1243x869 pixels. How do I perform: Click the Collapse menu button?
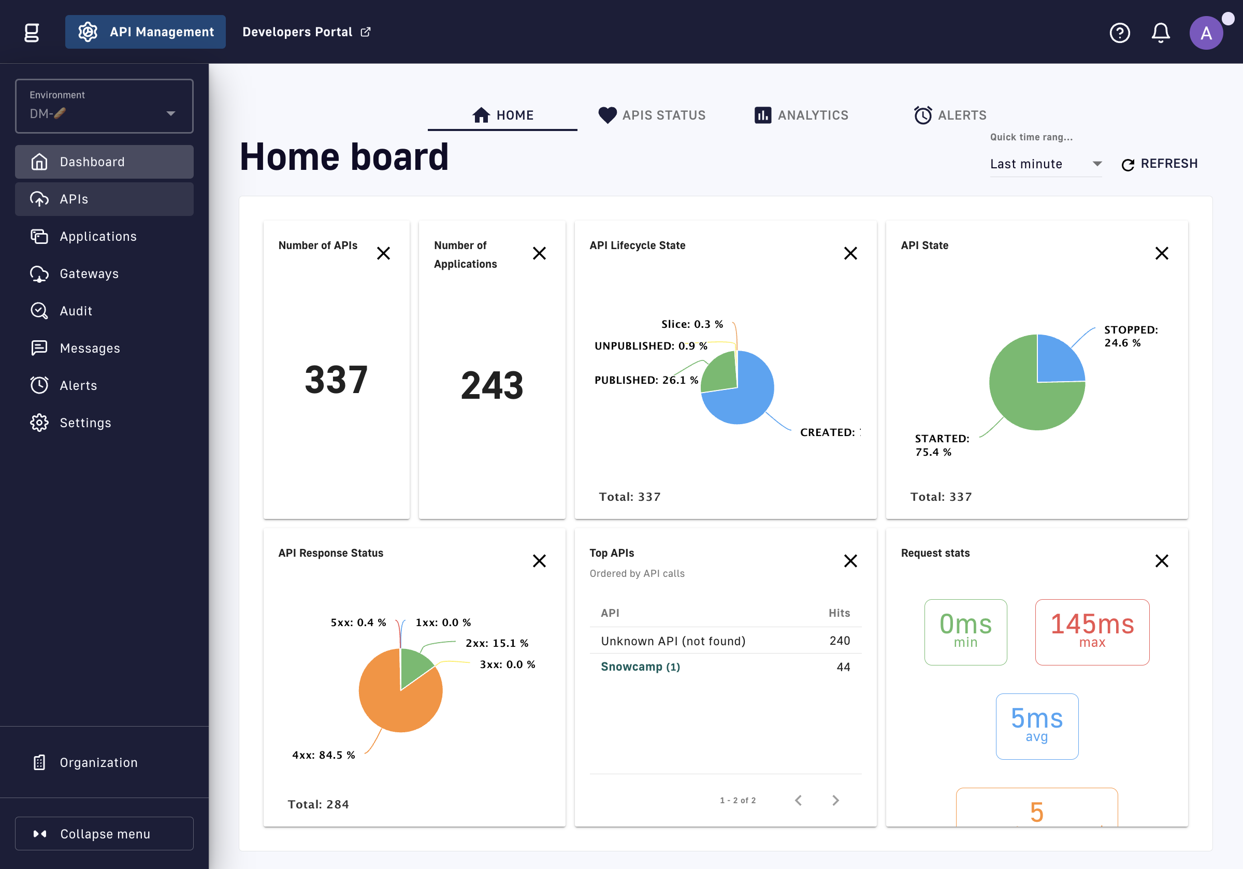click(104, 833)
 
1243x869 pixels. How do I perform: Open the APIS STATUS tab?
click(652, 115)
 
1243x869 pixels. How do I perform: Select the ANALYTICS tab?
click(801, 115)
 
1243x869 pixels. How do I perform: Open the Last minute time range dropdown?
click(1045, 164)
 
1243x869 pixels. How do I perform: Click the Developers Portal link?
click(307, 32)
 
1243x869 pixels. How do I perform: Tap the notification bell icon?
click(1160, 33)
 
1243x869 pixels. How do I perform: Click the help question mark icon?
click(1120, 33)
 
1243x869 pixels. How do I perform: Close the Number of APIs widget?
click(383, 253)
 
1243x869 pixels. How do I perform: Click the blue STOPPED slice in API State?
click(1059, 360)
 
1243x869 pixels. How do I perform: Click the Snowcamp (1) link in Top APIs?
click(641, 667)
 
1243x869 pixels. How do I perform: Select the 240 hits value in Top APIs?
click(840, 641)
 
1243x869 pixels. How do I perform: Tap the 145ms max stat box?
click(1092, 632)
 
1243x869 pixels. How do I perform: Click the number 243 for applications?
click(492, 385)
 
